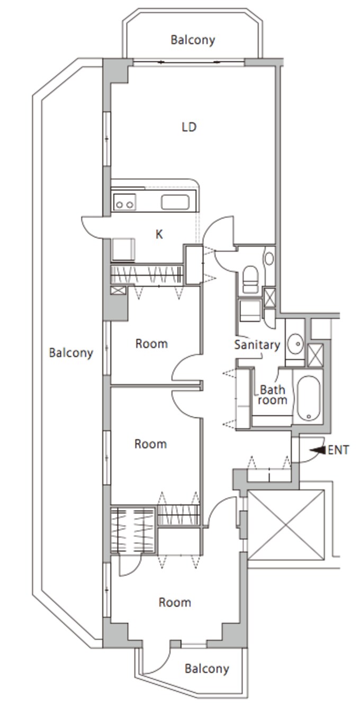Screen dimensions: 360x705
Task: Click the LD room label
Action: point(189,127)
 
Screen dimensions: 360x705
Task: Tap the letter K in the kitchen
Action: point(159,234)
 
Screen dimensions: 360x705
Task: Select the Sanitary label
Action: point(257,345)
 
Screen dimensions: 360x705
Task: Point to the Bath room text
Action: point(272,395)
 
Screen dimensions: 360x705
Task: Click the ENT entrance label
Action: point(338,450)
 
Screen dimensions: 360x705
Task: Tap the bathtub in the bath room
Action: point(309,398)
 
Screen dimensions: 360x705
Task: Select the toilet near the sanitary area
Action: point(251,280)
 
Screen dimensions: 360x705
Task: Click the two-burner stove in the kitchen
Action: point(124,202)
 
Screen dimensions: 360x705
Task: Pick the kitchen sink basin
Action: point(175,202)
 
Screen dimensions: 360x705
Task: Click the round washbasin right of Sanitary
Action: point(296,343)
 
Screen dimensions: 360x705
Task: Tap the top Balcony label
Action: point(193,40)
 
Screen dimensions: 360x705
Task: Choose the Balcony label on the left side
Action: point(71,353)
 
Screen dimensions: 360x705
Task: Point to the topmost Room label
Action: point(151,343)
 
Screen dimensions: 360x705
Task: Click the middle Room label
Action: point(150,444)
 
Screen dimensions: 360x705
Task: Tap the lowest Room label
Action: point(175,602)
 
